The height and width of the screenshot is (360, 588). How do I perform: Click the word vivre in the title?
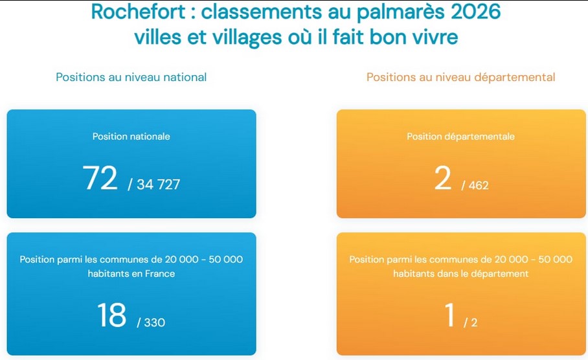(x=434, y=37)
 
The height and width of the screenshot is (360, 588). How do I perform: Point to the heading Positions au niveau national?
(x=131, y=77)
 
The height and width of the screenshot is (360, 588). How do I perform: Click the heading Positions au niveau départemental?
(x=460, y=77)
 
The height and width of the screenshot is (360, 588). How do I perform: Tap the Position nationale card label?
(x=131, y=137)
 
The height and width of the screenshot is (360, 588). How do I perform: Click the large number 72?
(x=100, y=178)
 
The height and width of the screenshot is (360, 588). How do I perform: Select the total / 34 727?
(x=154, y=185)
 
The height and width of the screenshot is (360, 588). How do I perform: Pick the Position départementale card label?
(x=460, y=137)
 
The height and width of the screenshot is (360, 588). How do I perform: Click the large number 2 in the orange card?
(x=443, y=178)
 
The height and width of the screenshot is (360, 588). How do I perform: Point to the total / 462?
(x=475, y=186)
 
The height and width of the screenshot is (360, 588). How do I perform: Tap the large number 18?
(x=111, y=315)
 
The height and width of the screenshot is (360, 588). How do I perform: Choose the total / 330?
(x=151, y=322)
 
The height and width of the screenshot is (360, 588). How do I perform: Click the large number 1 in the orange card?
(x=450, y=315)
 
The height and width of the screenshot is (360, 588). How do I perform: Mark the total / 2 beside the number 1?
(x=471, y=322)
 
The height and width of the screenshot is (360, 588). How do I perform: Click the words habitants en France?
(x=131, y=273)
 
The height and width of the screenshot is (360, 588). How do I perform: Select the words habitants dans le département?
(x=460, y=273)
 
